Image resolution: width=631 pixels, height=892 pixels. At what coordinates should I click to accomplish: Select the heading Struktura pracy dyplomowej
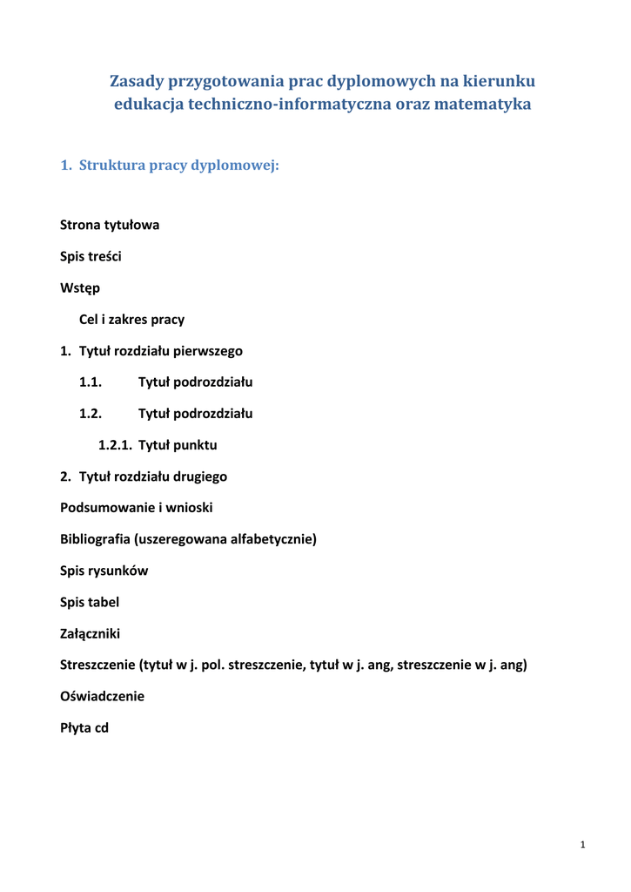178,165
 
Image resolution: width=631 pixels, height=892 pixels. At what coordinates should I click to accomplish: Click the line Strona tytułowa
110,225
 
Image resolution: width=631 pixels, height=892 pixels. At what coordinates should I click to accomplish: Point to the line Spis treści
91,256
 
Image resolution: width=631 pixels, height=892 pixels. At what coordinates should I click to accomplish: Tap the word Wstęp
80,287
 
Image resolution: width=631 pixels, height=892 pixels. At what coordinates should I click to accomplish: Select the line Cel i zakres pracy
131,319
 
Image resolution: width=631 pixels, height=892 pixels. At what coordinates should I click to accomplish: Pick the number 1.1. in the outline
91,382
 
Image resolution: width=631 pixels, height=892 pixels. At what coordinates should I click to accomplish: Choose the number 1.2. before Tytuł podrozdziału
91,414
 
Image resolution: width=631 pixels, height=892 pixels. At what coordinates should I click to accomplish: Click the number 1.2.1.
114,445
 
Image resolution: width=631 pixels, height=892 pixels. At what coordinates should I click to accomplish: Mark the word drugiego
199,476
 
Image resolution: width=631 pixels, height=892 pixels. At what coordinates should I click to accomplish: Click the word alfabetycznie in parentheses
272,539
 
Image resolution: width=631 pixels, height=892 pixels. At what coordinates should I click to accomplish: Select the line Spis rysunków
104,571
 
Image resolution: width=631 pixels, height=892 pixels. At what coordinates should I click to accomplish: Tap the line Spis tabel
90,602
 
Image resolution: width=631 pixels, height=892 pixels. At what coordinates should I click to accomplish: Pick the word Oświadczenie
102,697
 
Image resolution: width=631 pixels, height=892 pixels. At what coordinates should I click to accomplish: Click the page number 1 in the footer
582,846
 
